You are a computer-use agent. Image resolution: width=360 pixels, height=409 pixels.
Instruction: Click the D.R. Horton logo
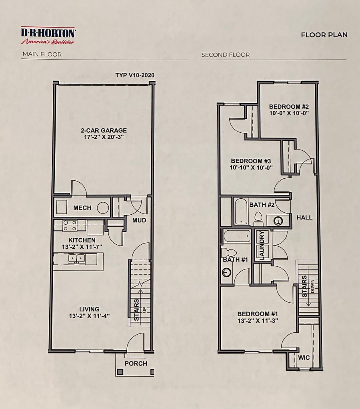(48, 36)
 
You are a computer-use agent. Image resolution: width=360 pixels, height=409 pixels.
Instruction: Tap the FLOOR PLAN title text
(324, 35)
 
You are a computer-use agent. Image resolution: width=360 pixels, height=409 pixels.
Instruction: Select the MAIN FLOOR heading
(42, 54)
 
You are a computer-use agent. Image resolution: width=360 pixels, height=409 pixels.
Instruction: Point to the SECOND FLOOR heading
(226, 55)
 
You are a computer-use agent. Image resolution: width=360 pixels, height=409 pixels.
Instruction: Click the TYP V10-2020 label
(135, 75)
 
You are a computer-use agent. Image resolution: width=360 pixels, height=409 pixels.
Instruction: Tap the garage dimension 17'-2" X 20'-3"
(104, 137)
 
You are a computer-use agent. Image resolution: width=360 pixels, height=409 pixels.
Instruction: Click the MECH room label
(82, 208)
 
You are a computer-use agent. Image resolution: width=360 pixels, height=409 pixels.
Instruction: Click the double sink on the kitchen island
(76, 259)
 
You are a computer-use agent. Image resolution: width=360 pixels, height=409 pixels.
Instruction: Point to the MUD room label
(139, 220)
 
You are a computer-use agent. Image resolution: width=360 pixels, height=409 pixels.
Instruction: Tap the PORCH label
(136, 363)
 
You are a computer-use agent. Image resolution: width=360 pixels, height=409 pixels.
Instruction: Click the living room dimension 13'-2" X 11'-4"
(89, 316)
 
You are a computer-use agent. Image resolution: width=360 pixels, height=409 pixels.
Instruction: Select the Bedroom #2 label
(289, 107)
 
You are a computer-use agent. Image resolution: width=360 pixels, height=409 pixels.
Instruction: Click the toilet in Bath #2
(258, 219)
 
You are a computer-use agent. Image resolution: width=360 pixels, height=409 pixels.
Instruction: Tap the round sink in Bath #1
(226, 273)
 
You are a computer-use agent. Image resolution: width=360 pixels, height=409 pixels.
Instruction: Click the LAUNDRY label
(262, 245)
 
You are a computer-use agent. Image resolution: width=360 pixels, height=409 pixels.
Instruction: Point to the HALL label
(305, 217)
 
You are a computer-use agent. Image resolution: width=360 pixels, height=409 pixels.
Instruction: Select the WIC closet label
(304, 357)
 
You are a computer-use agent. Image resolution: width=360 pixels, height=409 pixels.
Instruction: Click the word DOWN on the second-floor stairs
(312, 286)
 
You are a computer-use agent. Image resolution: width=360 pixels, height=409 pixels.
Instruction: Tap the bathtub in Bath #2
(241, 211)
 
